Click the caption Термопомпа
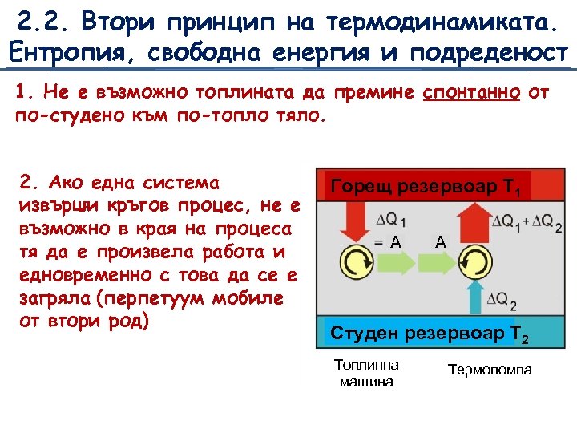[490, 370]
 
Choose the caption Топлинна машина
[366, 373]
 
